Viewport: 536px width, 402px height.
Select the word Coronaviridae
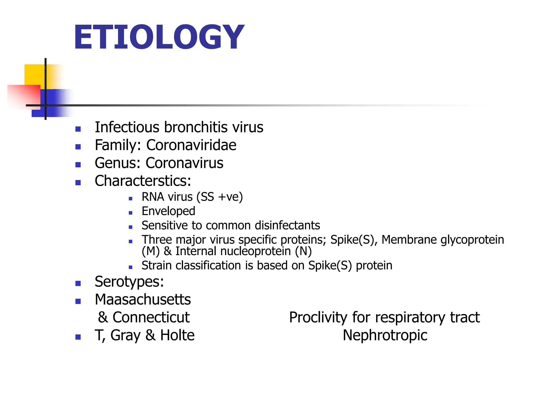point(191,145)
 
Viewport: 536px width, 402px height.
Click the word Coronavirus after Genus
point(184,163)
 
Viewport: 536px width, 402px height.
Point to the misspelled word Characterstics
point(143,181)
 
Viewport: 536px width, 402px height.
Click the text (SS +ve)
point(220,197)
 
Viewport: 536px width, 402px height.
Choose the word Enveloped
point(168,211)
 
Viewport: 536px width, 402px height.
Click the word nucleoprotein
point(255,251)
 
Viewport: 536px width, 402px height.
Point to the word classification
point(208,266)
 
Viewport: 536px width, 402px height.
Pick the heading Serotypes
point(129,282)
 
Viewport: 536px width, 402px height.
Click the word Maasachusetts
point(143,300)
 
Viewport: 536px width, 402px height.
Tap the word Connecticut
point(151,317)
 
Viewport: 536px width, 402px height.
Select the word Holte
point(177,335)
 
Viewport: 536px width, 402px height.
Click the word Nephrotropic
point(385,335)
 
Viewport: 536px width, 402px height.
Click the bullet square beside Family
point(78,147)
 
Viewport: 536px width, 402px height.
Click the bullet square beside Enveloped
point(131,213)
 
